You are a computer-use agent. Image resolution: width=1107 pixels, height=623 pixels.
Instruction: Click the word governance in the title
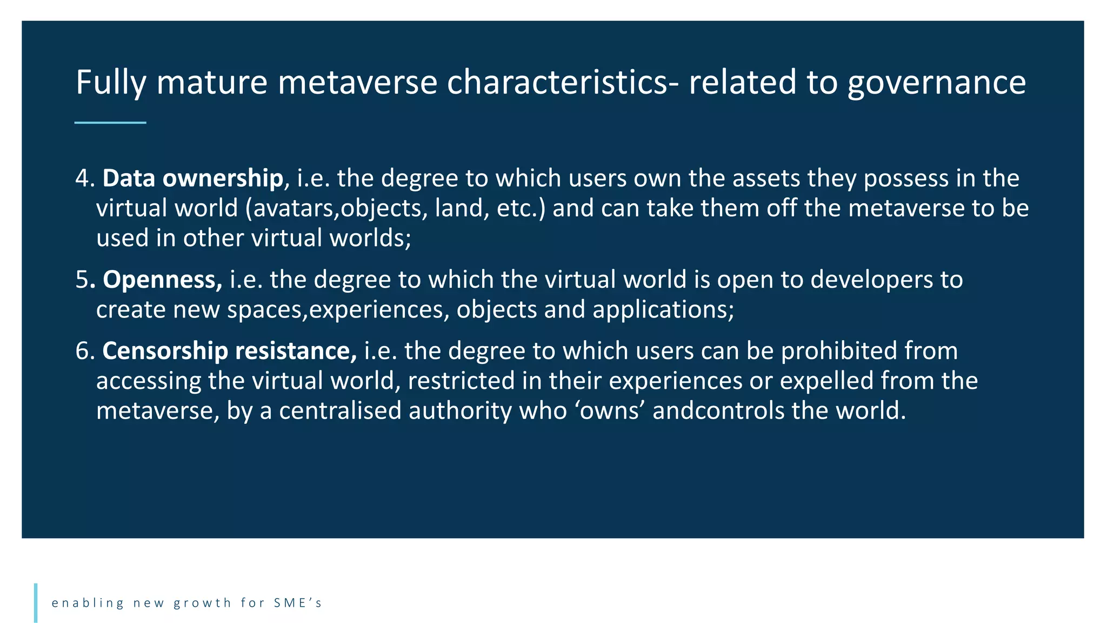(x=936, y=83)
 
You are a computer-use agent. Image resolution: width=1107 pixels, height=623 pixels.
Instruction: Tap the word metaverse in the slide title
(x=357, y=83)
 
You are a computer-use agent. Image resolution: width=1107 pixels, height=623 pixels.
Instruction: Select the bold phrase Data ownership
(x=192, y=178)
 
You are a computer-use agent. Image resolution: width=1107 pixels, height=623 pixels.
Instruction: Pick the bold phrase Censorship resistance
(x=229, y=351)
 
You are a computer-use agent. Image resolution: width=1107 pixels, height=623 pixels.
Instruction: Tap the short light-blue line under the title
(x=110, y=123)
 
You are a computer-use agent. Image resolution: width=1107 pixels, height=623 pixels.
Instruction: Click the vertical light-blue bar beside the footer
(x=36, y=602)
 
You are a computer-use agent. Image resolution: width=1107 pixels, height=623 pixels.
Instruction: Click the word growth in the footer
(x=203, y=603)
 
